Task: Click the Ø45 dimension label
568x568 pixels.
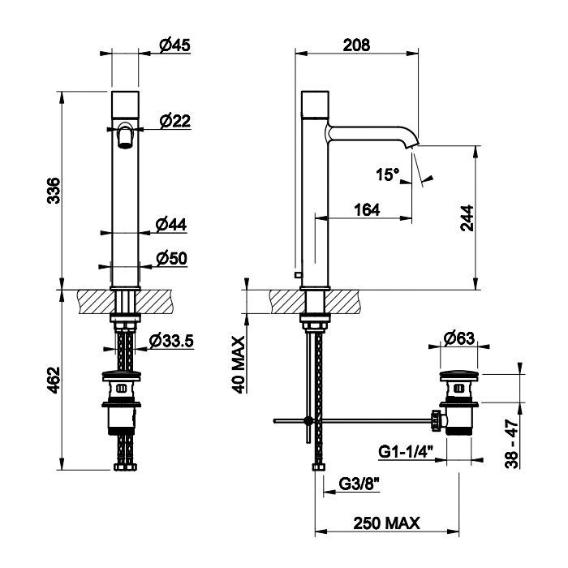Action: tap(175, 45)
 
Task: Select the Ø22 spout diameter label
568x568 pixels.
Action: tap(175, 121)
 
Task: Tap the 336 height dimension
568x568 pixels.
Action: tap(54, 191)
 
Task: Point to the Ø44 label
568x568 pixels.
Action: tap(171, 225)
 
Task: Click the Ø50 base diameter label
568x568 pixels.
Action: tap(172, 259)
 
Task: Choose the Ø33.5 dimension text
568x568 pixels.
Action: tap(172, 341)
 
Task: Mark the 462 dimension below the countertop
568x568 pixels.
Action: tap(54, 380)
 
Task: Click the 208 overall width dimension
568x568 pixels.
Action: tap(356, 45)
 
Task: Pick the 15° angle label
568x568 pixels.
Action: tap(387, 174)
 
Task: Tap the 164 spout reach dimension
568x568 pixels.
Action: tap(367, 209)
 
